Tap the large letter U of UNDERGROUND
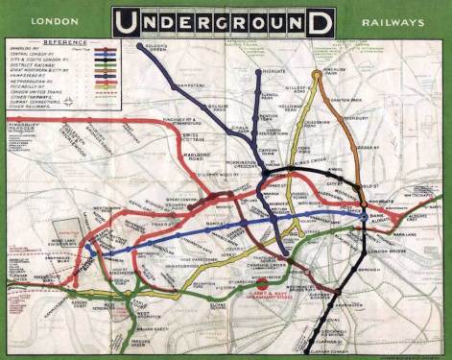click(x=125, y=20)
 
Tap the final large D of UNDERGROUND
click(x=322, y=20)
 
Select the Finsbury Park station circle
click(x=316, y=73)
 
